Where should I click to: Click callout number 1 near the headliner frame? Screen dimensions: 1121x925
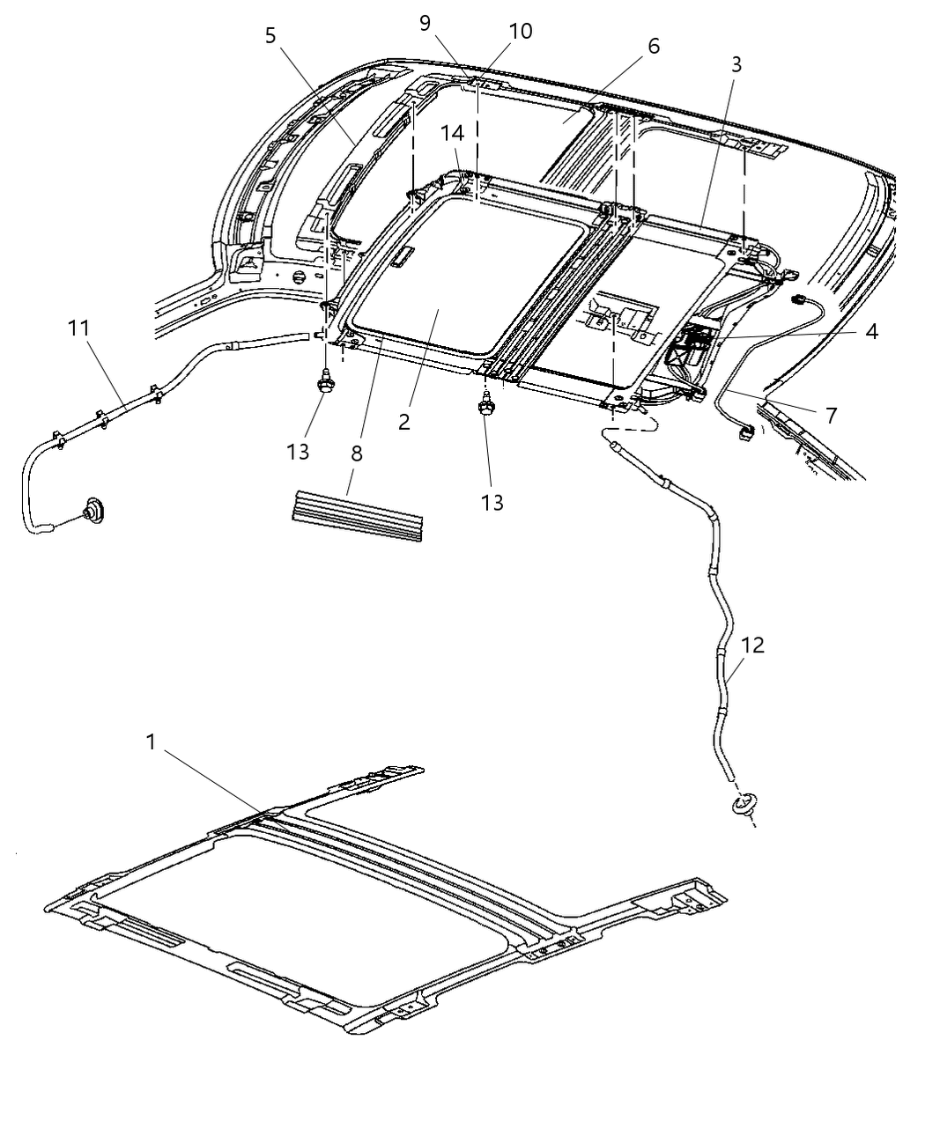click(151, 742)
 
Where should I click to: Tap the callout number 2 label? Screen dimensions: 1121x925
click(403, 421)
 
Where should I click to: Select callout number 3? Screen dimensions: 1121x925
click(736, 64)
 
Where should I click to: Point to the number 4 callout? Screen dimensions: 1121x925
click(870, 332)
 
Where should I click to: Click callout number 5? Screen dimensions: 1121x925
click(270, 35)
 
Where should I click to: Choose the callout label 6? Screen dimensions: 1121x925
click(653, 46)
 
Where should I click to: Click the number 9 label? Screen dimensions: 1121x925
click(425, 22)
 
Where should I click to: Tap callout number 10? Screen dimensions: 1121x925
click(520, 31)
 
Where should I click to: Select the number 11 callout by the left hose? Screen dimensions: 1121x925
click(78, 329)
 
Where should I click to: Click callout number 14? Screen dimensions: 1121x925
click(452, 133)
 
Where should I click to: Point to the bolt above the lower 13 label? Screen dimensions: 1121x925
click(485, 408)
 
